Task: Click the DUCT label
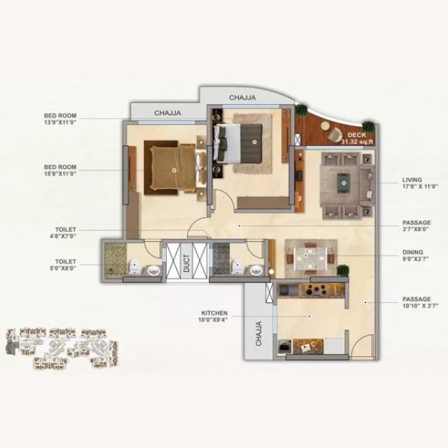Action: click(186, 263)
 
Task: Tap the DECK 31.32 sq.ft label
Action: click(357, 138)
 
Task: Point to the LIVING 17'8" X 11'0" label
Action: click(420, 183)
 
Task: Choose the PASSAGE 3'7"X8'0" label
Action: click(417, 225)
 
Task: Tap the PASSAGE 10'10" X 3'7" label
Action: click(420, 302)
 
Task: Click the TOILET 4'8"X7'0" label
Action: click(63, 232)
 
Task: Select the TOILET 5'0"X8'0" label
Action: click(63, 264)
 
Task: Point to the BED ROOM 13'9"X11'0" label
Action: click(60, 119)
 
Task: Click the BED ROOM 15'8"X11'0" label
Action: click(60, 170)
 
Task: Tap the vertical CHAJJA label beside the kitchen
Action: click(258, 334)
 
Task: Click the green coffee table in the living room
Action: click(343, 183)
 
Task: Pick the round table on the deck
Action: click(325, 125)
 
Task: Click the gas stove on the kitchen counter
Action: click(315, 290)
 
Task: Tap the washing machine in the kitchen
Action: click(285, 346)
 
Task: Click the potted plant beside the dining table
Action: click(343, 270)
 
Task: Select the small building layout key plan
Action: click(62, 348)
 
